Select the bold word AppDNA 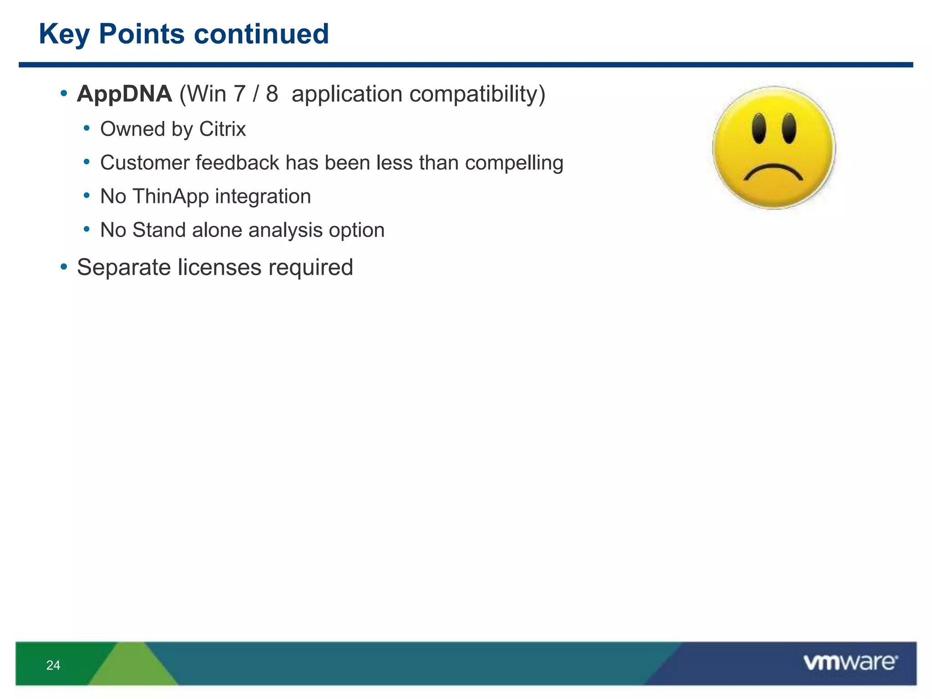tap(124, 94)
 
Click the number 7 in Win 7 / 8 tap(239, 94)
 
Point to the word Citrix tap(223, 129)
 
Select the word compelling tap(514, 163)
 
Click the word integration tap(263, 197)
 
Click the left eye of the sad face tap(759, 129)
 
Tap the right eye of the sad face tap(789, 129)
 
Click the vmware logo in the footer tap(850, 663)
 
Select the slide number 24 tap(53, 665)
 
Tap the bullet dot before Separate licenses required tap(64, 267)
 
